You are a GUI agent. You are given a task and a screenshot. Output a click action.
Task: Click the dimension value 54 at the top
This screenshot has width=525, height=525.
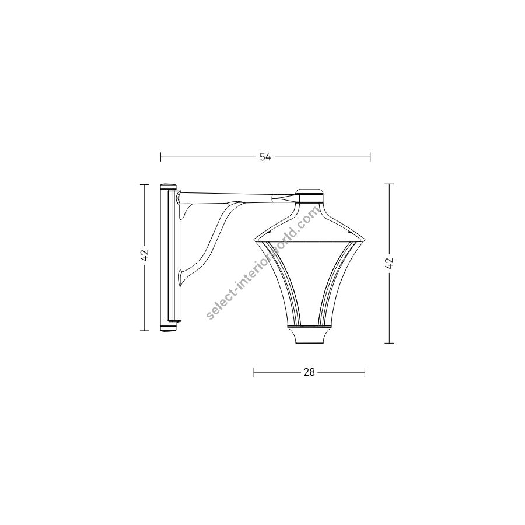click(265, 157)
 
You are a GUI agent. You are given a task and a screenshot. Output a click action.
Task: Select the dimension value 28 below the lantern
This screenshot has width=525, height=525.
click(309, 372)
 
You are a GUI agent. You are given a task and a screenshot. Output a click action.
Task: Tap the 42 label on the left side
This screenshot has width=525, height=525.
click(145, 255)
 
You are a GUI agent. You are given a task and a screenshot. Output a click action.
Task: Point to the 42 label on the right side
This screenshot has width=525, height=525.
click(389, 263)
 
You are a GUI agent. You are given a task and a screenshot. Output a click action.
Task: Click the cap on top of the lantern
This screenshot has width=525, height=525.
click(310, 196)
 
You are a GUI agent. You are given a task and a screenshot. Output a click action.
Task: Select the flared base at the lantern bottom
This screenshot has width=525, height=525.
click(309, 334)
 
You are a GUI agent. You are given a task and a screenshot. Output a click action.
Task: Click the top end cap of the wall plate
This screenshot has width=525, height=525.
click(169, 187)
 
